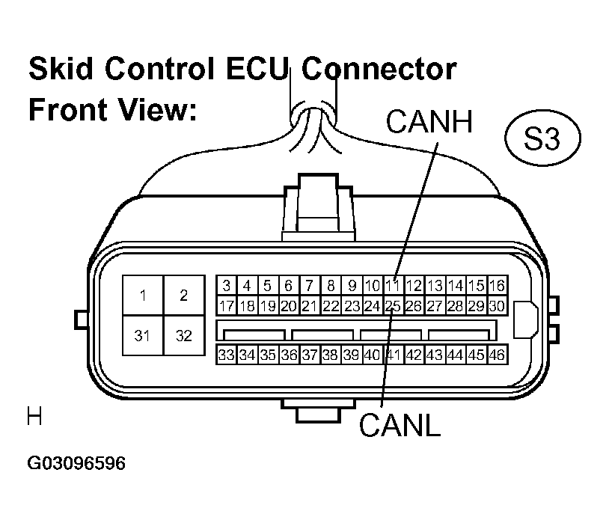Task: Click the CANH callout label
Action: pos(429,121)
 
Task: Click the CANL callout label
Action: pos(400,424)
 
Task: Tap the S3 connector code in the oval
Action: pos(542,138)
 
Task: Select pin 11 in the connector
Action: pos(393,286)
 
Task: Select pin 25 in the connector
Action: pos(393,306)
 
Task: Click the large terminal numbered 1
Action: pos(143,296)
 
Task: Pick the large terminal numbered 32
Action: pos(184,335)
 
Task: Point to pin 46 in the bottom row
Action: pos(497,355)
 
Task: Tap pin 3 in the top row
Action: pos(227,286)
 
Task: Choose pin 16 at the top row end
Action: pos(497,286)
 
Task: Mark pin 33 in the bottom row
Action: pos(227,355)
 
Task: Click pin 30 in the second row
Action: pos(497,306)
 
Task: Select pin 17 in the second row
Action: pos(227,306)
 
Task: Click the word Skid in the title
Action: pos(61,69)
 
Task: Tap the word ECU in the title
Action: pos(256,69)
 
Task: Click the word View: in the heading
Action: pos(157,109)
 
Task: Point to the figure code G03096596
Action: pos(76,463)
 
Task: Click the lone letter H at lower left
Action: pos(34,416)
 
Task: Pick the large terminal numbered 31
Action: pos(143,335)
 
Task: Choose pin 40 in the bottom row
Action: pos(372,355)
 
